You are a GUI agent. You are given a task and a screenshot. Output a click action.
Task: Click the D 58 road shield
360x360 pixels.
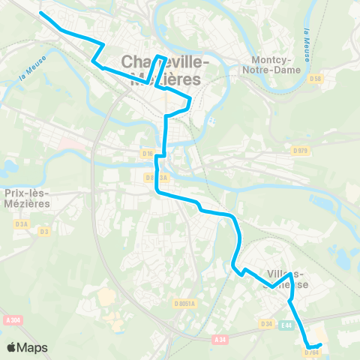point(316,78)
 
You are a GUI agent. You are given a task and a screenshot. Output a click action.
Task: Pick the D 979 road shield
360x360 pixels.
point(300,150)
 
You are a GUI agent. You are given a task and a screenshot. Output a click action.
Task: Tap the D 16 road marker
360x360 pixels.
point(148,154)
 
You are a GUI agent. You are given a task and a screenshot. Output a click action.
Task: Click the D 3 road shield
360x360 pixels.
point(44,231)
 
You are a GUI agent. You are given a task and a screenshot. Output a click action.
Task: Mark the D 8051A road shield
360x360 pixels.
point(184,304)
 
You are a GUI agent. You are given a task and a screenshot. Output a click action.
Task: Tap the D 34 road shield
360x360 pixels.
point(266,324)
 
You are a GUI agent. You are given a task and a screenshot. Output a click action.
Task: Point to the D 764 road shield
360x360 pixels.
point(312,351)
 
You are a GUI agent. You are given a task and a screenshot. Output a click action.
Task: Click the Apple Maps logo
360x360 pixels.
point(26,347)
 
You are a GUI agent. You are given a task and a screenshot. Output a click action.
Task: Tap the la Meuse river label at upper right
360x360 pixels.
point(308,45)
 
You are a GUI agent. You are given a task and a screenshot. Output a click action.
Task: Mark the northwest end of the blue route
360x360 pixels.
point(40,14)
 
